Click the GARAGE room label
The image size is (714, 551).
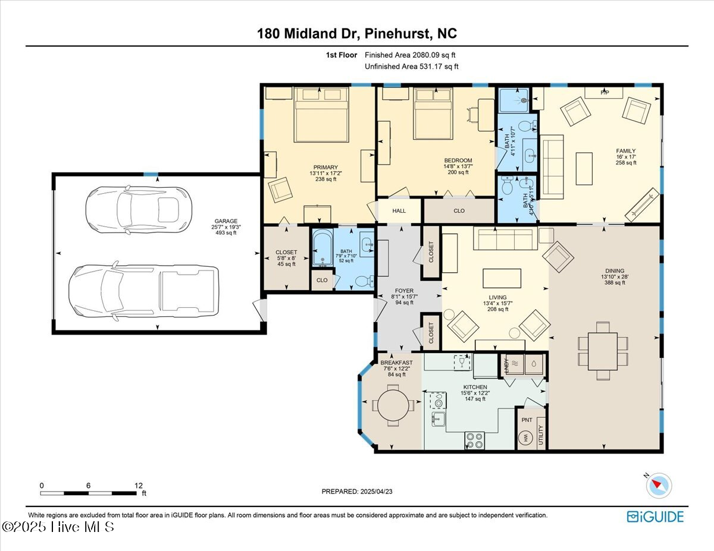(226, 221)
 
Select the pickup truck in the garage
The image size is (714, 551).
(143, 290)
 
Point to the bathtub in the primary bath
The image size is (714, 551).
(323, 249)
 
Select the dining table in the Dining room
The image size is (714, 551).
(603, 351)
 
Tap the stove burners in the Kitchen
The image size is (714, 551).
(475, 440)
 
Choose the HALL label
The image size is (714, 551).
(399, 210)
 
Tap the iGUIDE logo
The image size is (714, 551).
(655, 517)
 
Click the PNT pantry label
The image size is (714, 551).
(527, 420)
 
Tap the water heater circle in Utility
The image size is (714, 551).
(527, 439)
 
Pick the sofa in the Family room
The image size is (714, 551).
(552, 167)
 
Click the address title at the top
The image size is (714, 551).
(357, 34)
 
